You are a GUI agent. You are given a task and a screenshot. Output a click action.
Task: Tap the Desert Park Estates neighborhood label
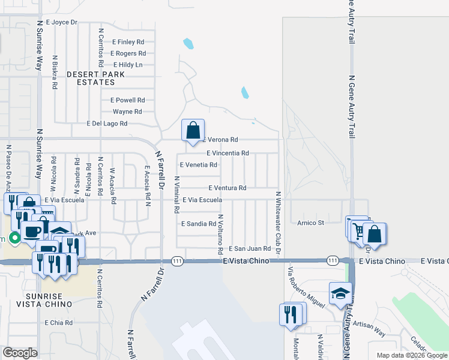point(95,79)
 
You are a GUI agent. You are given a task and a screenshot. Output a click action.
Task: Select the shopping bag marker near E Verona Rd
point(192,130)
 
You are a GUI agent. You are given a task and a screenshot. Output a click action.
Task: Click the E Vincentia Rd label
point(228,153)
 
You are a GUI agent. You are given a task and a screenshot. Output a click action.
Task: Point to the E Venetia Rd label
point(198,164)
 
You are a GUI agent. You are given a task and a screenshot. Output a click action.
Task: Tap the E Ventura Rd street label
point(228,188)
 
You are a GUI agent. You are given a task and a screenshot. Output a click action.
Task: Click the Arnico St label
point(310,223)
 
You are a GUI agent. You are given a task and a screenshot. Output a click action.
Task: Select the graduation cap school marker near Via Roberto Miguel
point(340,294)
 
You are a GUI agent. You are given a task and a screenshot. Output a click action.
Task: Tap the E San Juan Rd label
point(250,248)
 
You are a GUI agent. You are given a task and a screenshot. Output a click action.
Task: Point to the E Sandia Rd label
point(198,223)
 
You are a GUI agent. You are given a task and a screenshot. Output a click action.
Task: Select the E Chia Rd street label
point(59,323)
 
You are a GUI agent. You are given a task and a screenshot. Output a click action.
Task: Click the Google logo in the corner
point(19,353)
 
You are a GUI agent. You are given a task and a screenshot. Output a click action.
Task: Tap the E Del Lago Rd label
point(107,124)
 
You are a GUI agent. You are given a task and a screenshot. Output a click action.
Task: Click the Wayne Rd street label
point(127,112)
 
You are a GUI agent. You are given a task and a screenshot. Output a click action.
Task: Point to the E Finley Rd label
point(128,42)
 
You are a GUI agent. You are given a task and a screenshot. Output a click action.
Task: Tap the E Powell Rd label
point(127,100)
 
